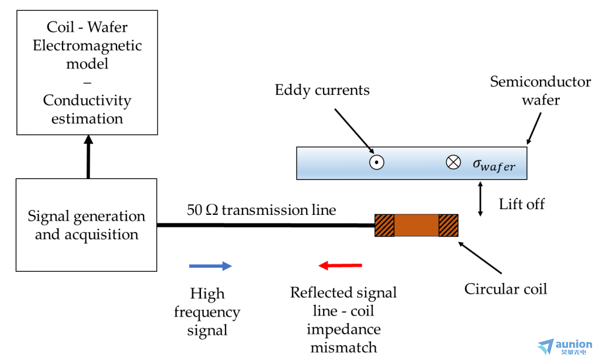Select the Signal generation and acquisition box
[x=86, y=225]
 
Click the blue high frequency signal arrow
[x=210, y=265]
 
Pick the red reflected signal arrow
[x=340, y=265]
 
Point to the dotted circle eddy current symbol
[x=376, y=163]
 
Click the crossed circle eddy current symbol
[x=453, y=163]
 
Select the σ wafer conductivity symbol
[x=494, y=164]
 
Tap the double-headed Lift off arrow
[x=481, y=198]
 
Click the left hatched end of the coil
[x=384, y=225]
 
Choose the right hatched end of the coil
[x=449, y=225]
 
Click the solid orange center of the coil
[x=416, y=225]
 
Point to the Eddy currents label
[x=322, y=90]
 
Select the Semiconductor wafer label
[x=533, y=91]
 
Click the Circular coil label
[x=505, y=289]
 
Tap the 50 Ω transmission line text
[x=261, y=210]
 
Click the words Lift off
[x=521, y=204]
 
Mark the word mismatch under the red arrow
[x=344, y=347]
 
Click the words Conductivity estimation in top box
[x=87, y=110]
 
